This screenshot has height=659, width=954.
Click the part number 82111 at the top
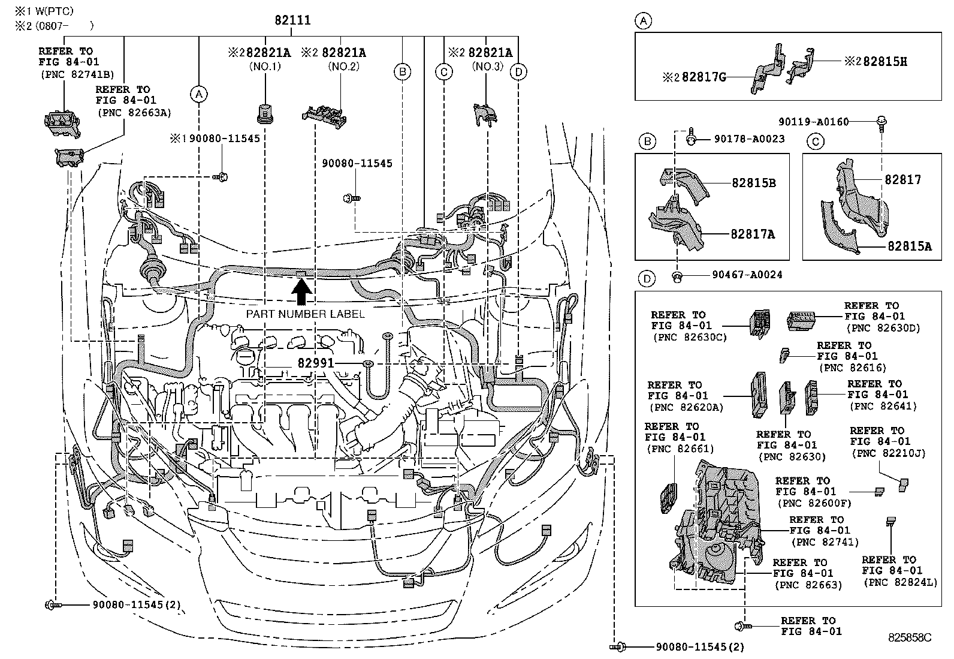click(x=292, y=20)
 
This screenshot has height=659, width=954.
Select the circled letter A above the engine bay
click(x=199, y=94)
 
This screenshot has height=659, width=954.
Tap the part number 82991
click(x=315, y=363)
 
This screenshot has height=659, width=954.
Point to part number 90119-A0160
click(x=813, y=122)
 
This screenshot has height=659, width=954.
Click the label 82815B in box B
click(x=753, y=183)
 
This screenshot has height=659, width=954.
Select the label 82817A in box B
click(x=752, y=234)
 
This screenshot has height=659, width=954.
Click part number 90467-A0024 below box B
click(x=747, y=275)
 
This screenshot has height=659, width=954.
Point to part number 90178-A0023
click(x=749, y=139)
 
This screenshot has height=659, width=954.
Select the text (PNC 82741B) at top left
click(x=77, y=75)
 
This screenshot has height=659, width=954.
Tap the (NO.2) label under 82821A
click(x=343, y=66)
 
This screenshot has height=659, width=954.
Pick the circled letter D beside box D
click(x=646, y=279)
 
